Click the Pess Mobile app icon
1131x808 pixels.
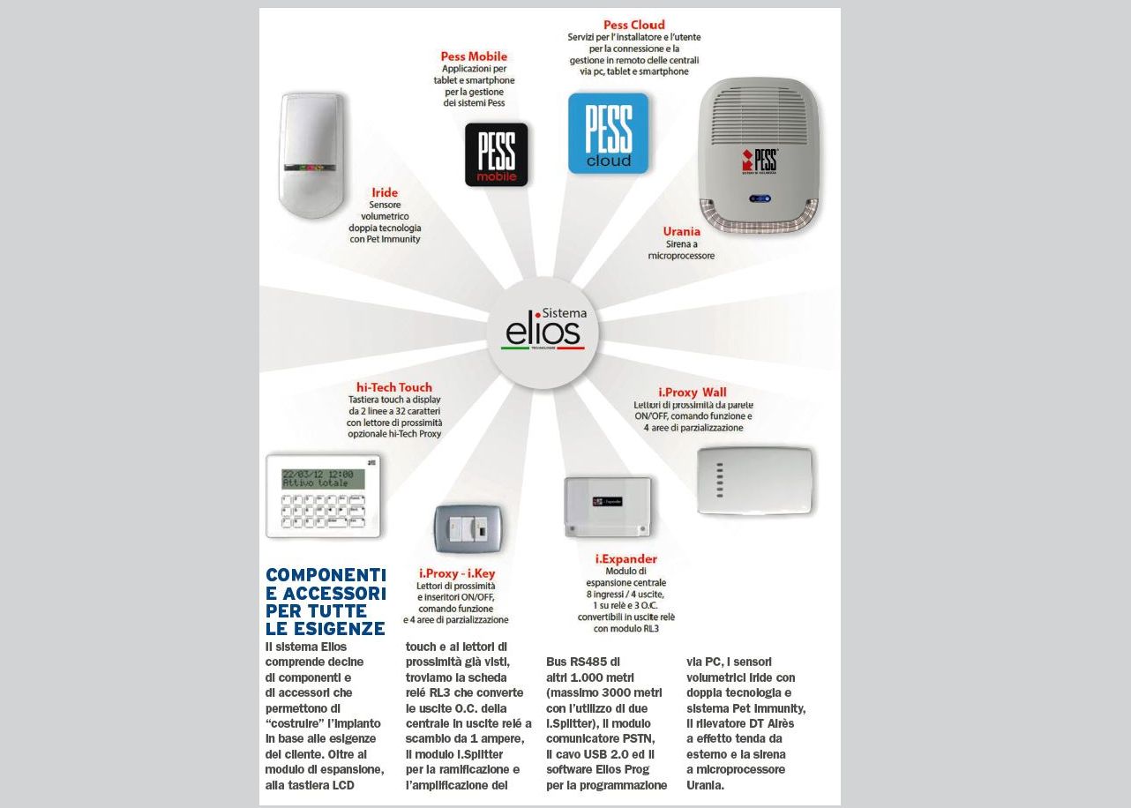[496, 154]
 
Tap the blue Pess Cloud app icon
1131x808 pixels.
[608, 133]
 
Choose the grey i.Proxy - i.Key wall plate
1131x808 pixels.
[468, 529]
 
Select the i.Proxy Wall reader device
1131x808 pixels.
[754, 480]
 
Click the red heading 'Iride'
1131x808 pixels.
[385, 192]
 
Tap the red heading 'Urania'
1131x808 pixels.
[681, 231]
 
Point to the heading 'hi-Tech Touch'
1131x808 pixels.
[394, 387]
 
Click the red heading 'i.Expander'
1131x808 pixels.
[625, 558]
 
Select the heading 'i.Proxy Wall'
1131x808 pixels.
[693, 392]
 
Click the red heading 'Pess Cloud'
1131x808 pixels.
[633, 25]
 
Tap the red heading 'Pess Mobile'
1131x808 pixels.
[474, 56]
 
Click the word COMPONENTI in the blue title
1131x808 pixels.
[326, 575]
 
